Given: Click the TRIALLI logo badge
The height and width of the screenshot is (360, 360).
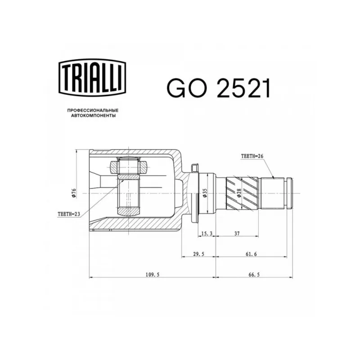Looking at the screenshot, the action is click(x=93, y=77).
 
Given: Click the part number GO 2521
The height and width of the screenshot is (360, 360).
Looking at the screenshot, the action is click(x=219, y=89).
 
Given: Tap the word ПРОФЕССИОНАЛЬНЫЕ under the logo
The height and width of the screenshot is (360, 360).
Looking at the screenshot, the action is click(x=93, y=110).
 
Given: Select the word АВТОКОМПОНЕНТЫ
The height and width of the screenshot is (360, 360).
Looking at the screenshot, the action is click(x=93, y=116).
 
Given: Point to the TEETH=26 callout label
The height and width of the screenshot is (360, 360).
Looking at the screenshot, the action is click(x=252, y=156).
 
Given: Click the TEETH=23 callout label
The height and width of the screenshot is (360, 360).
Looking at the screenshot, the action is click(x=69, y=214).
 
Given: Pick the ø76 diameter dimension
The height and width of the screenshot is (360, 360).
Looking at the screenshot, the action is click(x=74, y=193).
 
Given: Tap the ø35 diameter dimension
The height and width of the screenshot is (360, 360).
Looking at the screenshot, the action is click(x=205, y=193).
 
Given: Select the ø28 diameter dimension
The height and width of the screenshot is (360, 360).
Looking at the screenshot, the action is click(x=239, y=193).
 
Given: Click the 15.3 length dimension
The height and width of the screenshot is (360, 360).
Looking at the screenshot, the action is click(x=207, y=234).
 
